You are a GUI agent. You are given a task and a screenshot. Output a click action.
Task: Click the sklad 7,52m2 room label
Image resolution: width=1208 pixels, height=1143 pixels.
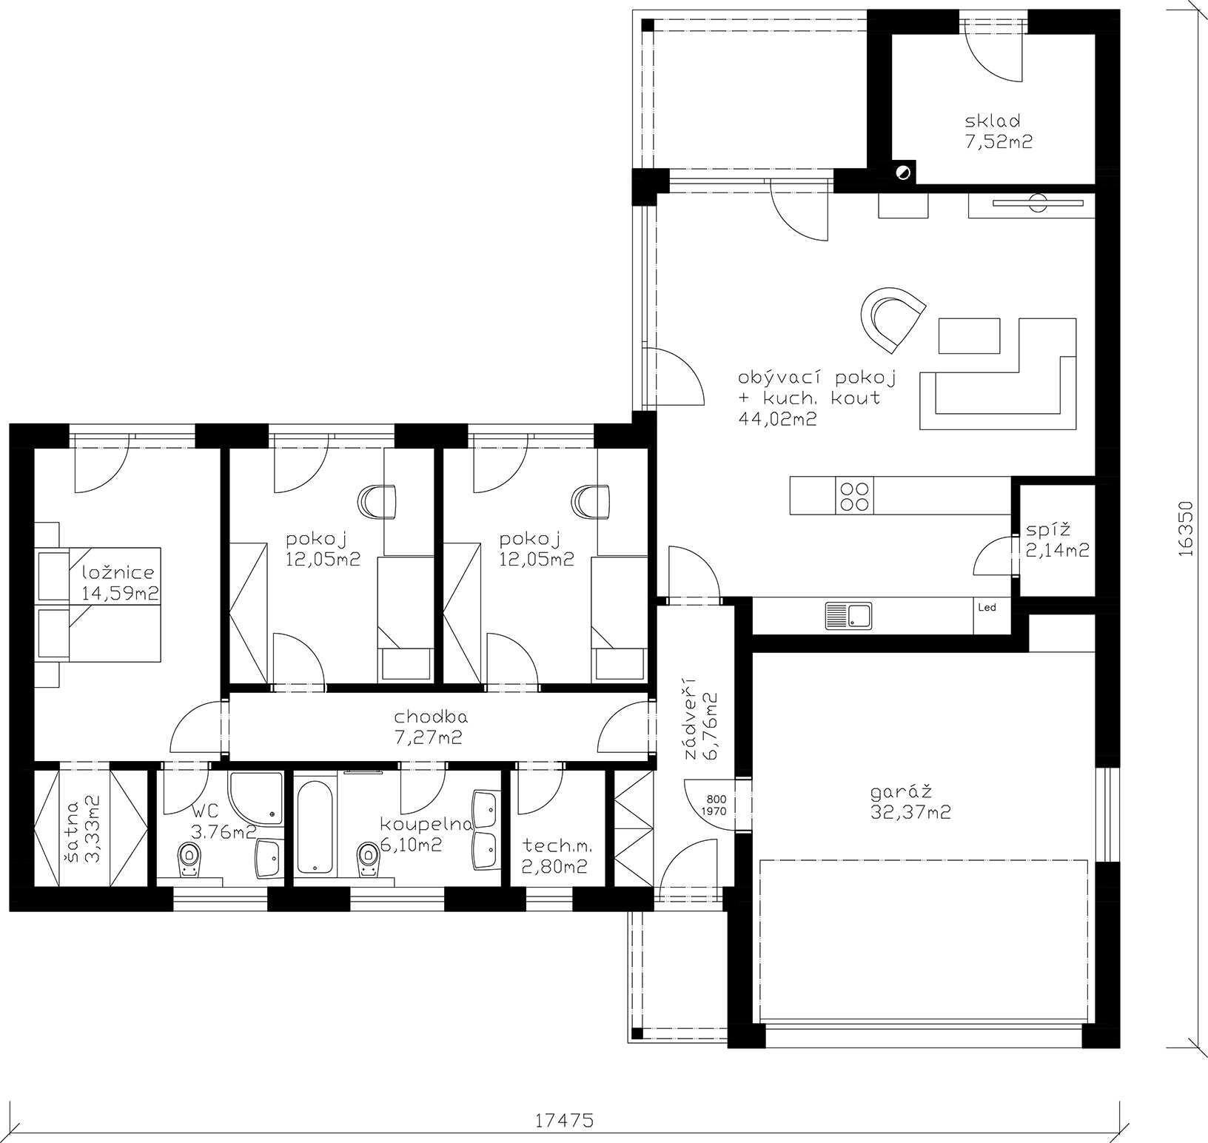pyautogui.click(x=998, y=131)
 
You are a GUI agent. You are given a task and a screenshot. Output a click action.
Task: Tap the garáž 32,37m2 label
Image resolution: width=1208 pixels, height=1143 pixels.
pyautogui.click(x=910, y=802)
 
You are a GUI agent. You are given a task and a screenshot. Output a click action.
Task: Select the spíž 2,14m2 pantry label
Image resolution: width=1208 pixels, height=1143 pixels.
pyautogui.click(x=1057, y=540)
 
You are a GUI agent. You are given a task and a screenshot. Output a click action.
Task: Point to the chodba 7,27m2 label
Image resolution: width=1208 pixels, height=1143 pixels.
pyautogui.click(x=431, y=727)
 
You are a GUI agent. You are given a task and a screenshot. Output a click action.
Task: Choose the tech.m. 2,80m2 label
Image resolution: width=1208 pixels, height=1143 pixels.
pyautogui.click(x=557, y=856)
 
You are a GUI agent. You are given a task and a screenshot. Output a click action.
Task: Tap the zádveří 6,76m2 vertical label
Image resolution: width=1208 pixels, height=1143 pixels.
pyautogui.click(x=700, y=726)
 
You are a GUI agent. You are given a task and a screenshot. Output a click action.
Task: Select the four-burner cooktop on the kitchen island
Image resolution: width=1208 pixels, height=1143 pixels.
pyautogui.click(x=854, y=495)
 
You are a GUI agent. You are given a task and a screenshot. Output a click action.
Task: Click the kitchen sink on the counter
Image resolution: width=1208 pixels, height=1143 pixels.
pyautogui.click(x=848, y=616)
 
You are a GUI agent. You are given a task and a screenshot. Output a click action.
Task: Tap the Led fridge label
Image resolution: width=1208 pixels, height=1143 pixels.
pyautogui.click(x=987, y=608)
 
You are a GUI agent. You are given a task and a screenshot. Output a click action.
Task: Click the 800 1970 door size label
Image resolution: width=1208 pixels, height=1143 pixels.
pyautogui.click(x=716, y=805)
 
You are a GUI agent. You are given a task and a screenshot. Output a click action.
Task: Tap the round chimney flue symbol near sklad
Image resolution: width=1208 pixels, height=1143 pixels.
pyautogui.click(x=902, y=172)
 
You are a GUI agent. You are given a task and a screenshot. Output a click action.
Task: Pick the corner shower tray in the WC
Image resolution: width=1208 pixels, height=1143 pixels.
pyautogui.click(x=256, y=799)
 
